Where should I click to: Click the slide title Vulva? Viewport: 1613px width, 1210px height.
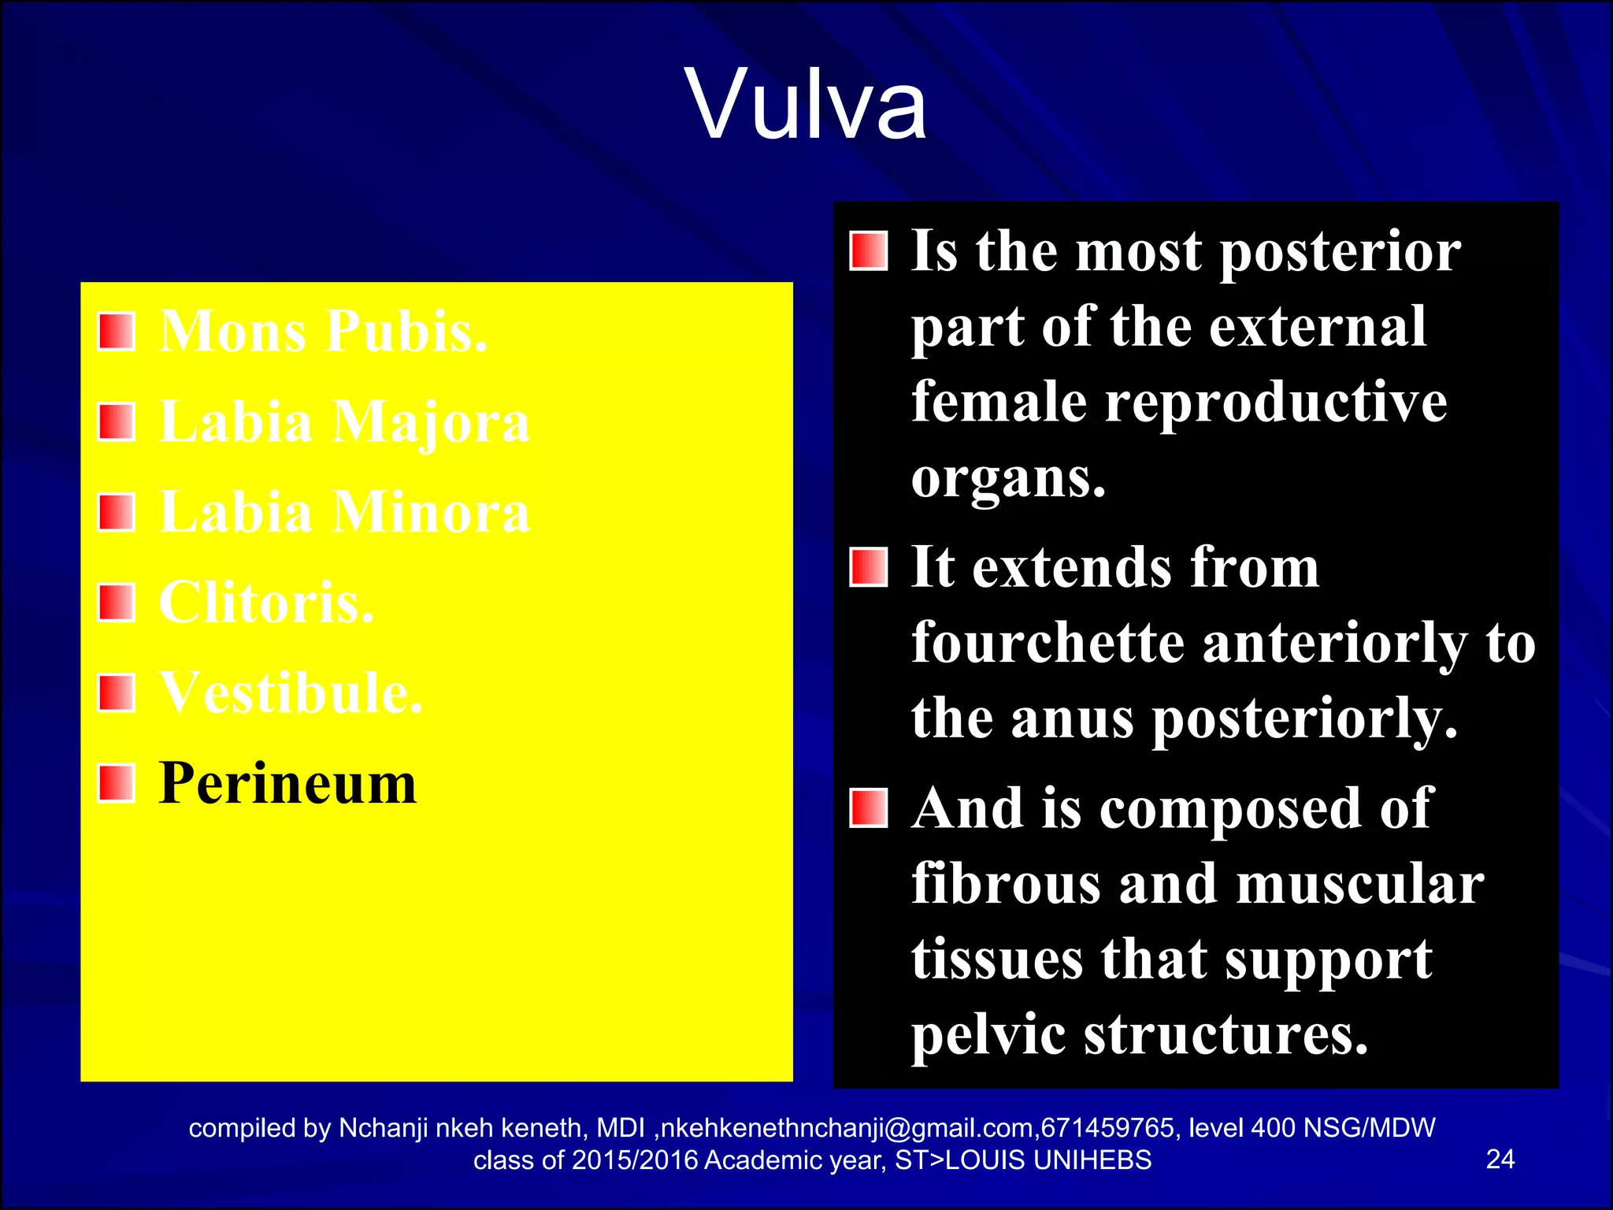tap(806, 104)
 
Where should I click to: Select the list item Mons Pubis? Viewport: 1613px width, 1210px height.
tap(323, 331)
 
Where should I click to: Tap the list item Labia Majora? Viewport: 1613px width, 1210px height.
tap(344, 421)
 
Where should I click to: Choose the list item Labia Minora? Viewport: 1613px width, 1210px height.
tap(344, 512)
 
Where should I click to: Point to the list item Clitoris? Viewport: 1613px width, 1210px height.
tap(266, 603)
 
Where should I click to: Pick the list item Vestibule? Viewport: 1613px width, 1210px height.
tap(291, 693)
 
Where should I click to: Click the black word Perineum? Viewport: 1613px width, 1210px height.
tap(287, 784)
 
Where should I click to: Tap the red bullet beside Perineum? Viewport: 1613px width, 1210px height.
tap(117, 784)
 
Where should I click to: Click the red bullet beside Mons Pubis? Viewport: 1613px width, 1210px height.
tap(117, 331)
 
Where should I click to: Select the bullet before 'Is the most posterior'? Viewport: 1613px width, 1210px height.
tap(869, 251)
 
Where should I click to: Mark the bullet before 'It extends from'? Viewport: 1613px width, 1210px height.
tap(869, 568)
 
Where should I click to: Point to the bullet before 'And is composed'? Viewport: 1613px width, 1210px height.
tap(869, 808)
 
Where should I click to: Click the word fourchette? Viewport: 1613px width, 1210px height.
tap(1048, 644)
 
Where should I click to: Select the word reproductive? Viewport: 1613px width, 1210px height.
tap(1276, 403)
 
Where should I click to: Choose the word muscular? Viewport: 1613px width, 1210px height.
tap(1360, 884)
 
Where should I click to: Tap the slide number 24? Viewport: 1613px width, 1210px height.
tap(1500, 1159)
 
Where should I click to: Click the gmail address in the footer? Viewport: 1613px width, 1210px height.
tap(848, 1128)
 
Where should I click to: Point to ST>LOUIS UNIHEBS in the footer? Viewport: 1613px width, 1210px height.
tap(1023, 1160)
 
